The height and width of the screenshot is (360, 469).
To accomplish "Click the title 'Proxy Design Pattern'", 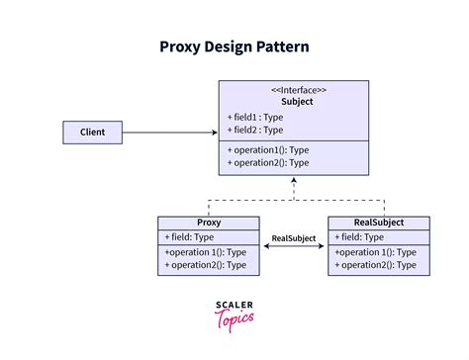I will [234, 46].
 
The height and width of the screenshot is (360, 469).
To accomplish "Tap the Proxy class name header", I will [209, 223].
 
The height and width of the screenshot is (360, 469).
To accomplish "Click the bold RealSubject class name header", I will [378, 223].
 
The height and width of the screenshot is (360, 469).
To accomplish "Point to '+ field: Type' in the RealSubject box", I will [361, 237].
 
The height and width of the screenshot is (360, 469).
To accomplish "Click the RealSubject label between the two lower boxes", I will [294, 238].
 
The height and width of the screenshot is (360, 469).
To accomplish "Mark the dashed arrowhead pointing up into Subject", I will [293, 184].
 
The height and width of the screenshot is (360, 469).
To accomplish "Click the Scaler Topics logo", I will [234, 314].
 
